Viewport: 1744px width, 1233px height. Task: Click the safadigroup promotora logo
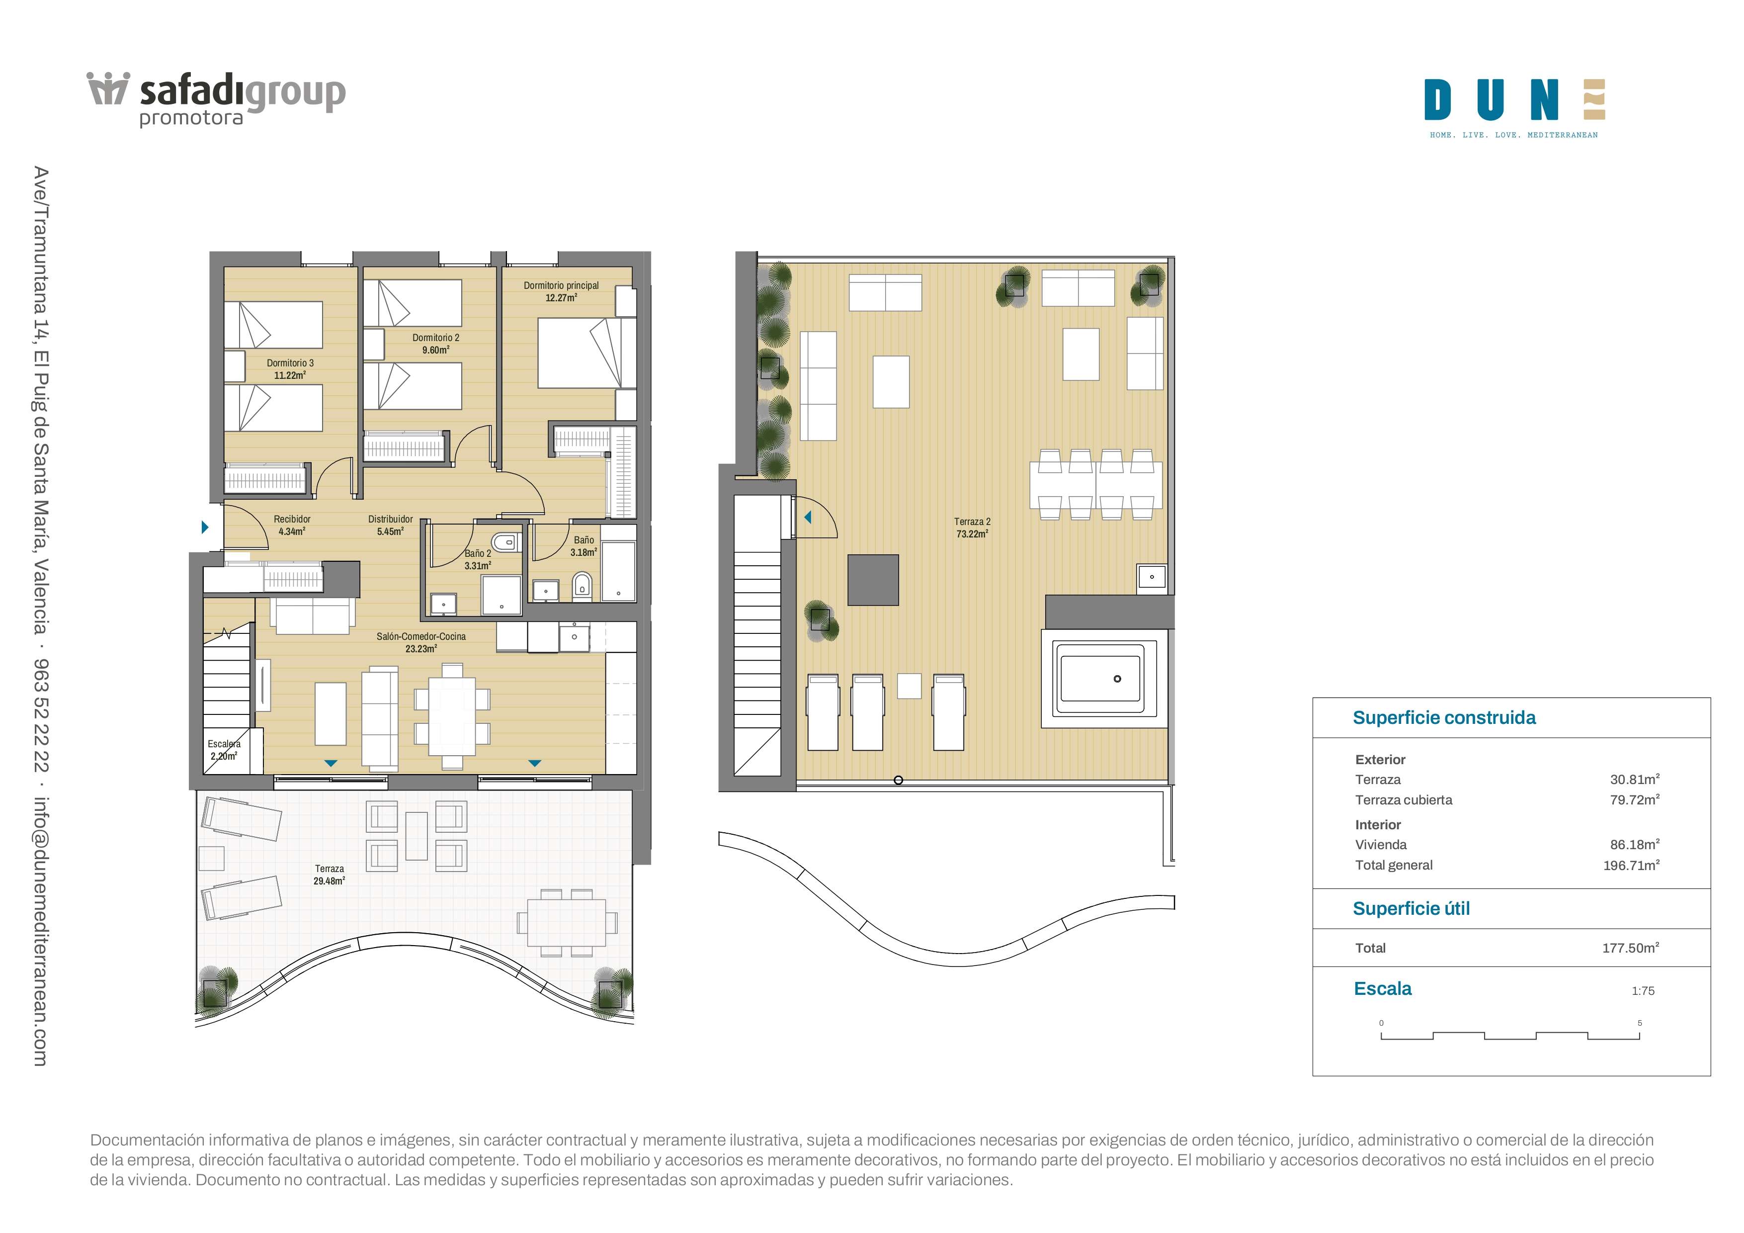pos(217,99)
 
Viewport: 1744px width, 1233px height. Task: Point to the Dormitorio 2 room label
pos(436,344)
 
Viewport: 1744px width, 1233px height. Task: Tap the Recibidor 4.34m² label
pos(292,526)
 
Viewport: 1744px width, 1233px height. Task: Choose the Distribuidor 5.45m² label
pos(391,526)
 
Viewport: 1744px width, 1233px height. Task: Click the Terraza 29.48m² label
pos(329,875)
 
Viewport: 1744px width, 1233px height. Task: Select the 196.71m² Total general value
pos(1631,865)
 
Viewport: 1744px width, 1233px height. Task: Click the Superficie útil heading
pos(1412,909)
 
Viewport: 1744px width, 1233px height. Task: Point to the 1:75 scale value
pos(1643,991)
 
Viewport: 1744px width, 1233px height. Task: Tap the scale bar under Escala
pos(1510,1036)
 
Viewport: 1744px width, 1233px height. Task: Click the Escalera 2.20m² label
pos(224,750)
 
